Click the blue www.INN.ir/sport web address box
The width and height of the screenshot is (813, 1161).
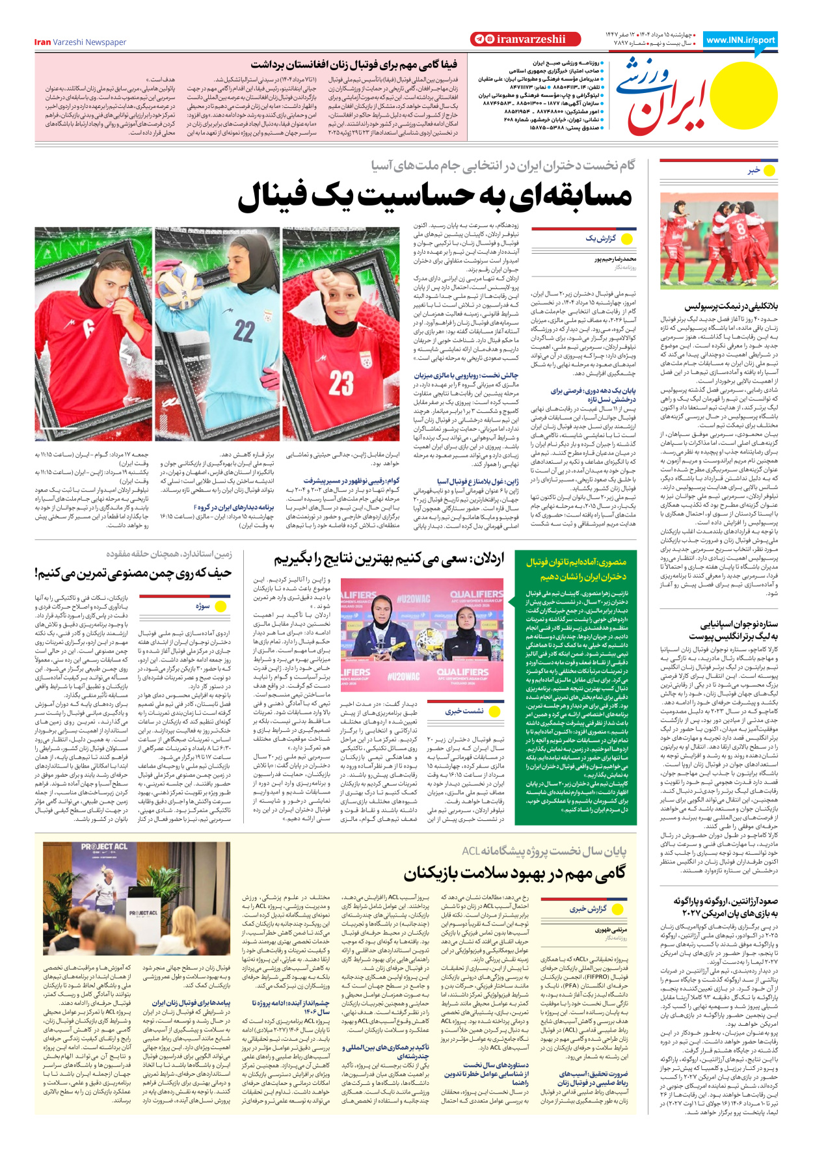740,40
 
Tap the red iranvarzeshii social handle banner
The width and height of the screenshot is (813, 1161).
518,39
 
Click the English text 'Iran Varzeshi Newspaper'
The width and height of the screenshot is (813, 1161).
80,42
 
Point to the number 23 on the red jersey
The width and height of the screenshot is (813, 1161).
341,383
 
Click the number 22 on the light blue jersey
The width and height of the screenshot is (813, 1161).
243,331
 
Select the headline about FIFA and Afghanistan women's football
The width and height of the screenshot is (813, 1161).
354,64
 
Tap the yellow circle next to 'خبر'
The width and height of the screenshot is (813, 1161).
770,170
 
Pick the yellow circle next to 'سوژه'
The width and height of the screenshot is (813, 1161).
220,606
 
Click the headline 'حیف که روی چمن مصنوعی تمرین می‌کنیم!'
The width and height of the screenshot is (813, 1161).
133,574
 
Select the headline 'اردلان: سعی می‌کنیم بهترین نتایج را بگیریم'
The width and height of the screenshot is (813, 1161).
388,559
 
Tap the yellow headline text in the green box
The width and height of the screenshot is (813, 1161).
576,568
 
